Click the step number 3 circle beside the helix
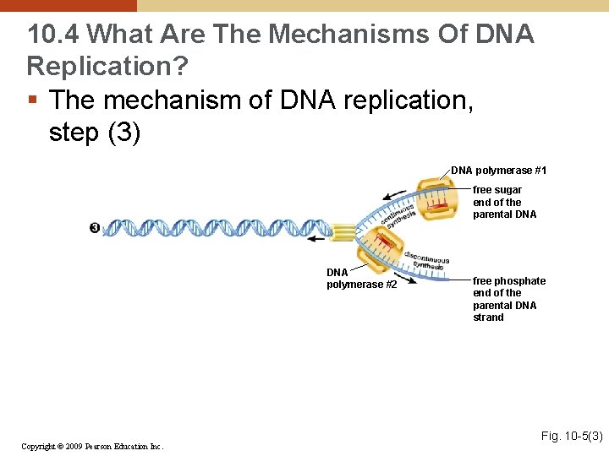pos(94,228)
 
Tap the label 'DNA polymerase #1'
pos(498,171)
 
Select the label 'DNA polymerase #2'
pos(361,279)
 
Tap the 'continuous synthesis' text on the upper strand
pos(398,214)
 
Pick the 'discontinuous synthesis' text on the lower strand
pos(426,260)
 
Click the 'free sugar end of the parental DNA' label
pos(504,202)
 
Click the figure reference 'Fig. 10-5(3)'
pos(571,436)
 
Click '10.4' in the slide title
pos(52,35)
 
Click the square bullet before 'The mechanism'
pos(33,100)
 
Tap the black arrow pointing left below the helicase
pos(315,239)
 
